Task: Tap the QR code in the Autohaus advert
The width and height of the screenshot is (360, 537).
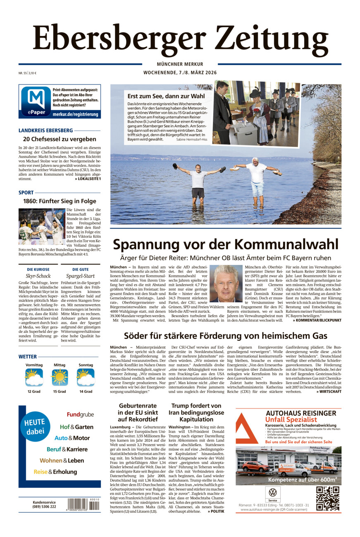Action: [x=328, y=498]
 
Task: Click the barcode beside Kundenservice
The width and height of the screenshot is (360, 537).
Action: [x=83, y=505]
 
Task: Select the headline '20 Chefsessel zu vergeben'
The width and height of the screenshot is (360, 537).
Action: [x=60, y=139]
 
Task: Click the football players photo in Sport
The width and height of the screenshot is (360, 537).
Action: [x=42, y=227]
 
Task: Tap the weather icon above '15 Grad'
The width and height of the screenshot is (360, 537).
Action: [x=60, y=377]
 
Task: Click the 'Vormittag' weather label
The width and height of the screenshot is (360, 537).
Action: [x=34, y=365]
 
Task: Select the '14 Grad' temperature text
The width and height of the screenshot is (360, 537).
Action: [x=86, y=392]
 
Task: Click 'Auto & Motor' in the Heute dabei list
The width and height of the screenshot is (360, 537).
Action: [x=72, y=438]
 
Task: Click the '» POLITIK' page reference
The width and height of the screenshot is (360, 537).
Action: [x=216, y=511]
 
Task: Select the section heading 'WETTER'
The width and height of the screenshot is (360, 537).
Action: [x=28, y=356]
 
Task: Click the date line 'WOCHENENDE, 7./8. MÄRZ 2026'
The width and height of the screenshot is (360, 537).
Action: [x=180, y=73]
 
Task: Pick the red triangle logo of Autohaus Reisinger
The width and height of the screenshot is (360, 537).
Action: [x=247, y=428]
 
